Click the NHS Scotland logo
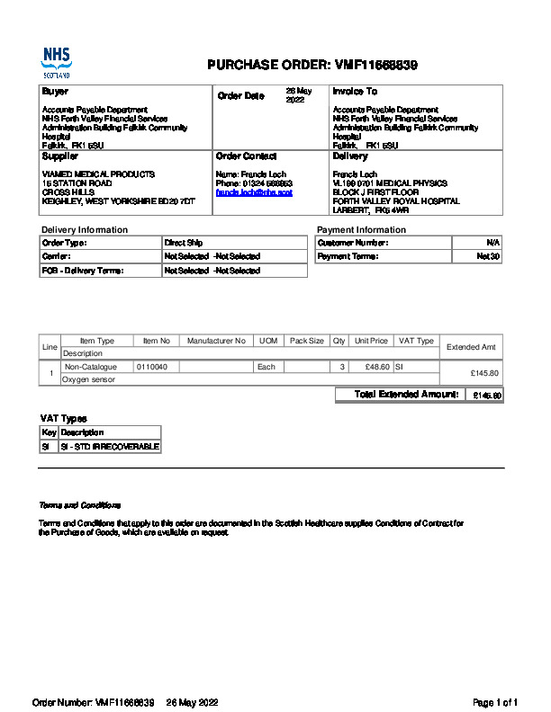click(56, 63)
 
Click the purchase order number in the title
click(375, 65)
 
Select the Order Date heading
click(240, 95)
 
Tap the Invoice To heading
click(354, 92)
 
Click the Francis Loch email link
click(254, 192)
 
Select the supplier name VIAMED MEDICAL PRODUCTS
click(98, 174)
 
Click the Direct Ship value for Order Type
click(183, 243)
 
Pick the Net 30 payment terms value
click(488, 256)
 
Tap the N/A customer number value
click(492, 243)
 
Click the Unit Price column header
click(371, 341)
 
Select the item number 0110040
click(152, 367)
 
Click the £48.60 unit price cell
click(375, 367)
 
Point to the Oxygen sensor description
click(88, 379)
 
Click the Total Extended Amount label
click(407, 395)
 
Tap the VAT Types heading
click(63, 419)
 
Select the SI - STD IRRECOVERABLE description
click(109, 447)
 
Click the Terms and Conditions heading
click(79, 505)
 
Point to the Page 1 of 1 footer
click(495, 702)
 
